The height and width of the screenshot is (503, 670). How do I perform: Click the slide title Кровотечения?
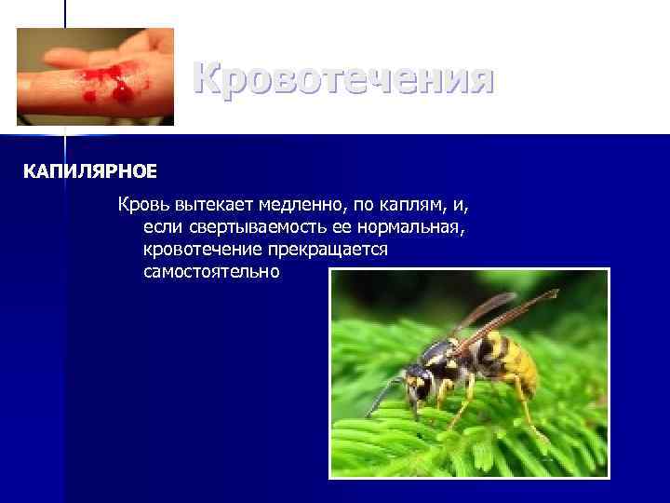[x=343, y=79]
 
